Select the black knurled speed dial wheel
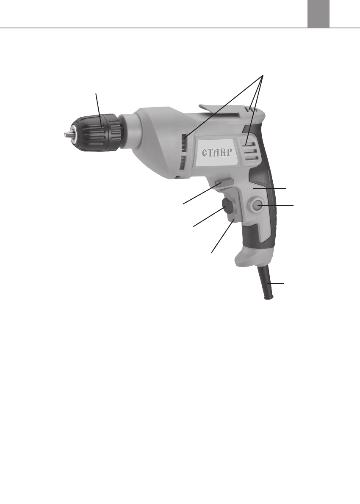pyautogui.click(x=227, y=205)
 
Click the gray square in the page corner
pyautogui.click(x=318, y=14)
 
